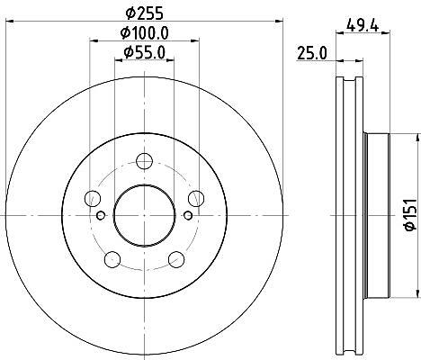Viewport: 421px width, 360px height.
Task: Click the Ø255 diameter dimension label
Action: pos(145,13)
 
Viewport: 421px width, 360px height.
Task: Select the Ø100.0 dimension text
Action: pos(145,32)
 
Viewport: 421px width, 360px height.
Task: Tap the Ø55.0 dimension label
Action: pos(145,53)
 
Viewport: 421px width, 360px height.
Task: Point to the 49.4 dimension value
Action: pos(363,25)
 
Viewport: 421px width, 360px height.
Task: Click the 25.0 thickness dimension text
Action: pos(312,54)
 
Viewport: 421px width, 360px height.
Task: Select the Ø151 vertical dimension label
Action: pos(411,215)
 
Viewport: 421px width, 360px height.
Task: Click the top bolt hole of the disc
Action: pos(144,161)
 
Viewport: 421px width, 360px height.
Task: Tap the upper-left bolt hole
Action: pos(93,198)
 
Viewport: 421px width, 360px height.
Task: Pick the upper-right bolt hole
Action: pos(196,198)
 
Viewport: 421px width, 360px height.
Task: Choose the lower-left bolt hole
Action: pos(112,259)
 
